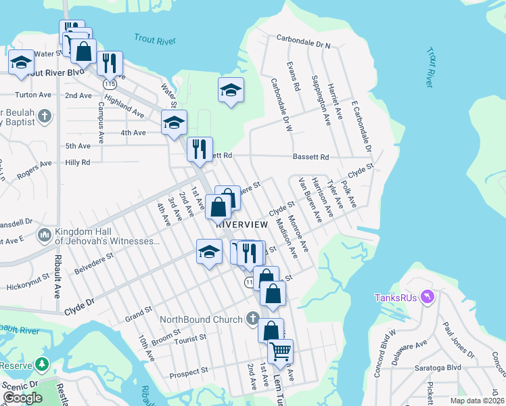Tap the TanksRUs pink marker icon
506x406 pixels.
[x=427, y=297]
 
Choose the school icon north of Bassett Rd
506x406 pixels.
[x=231, y=89]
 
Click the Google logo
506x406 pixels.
[x=22, y=398]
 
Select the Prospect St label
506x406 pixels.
[x=189, y=372]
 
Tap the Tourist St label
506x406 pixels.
[x=188, y=338]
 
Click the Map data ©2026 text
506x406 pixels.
[x=476, y=401]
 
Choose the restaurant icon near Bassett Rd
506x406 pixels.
[x=200, y=149]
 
